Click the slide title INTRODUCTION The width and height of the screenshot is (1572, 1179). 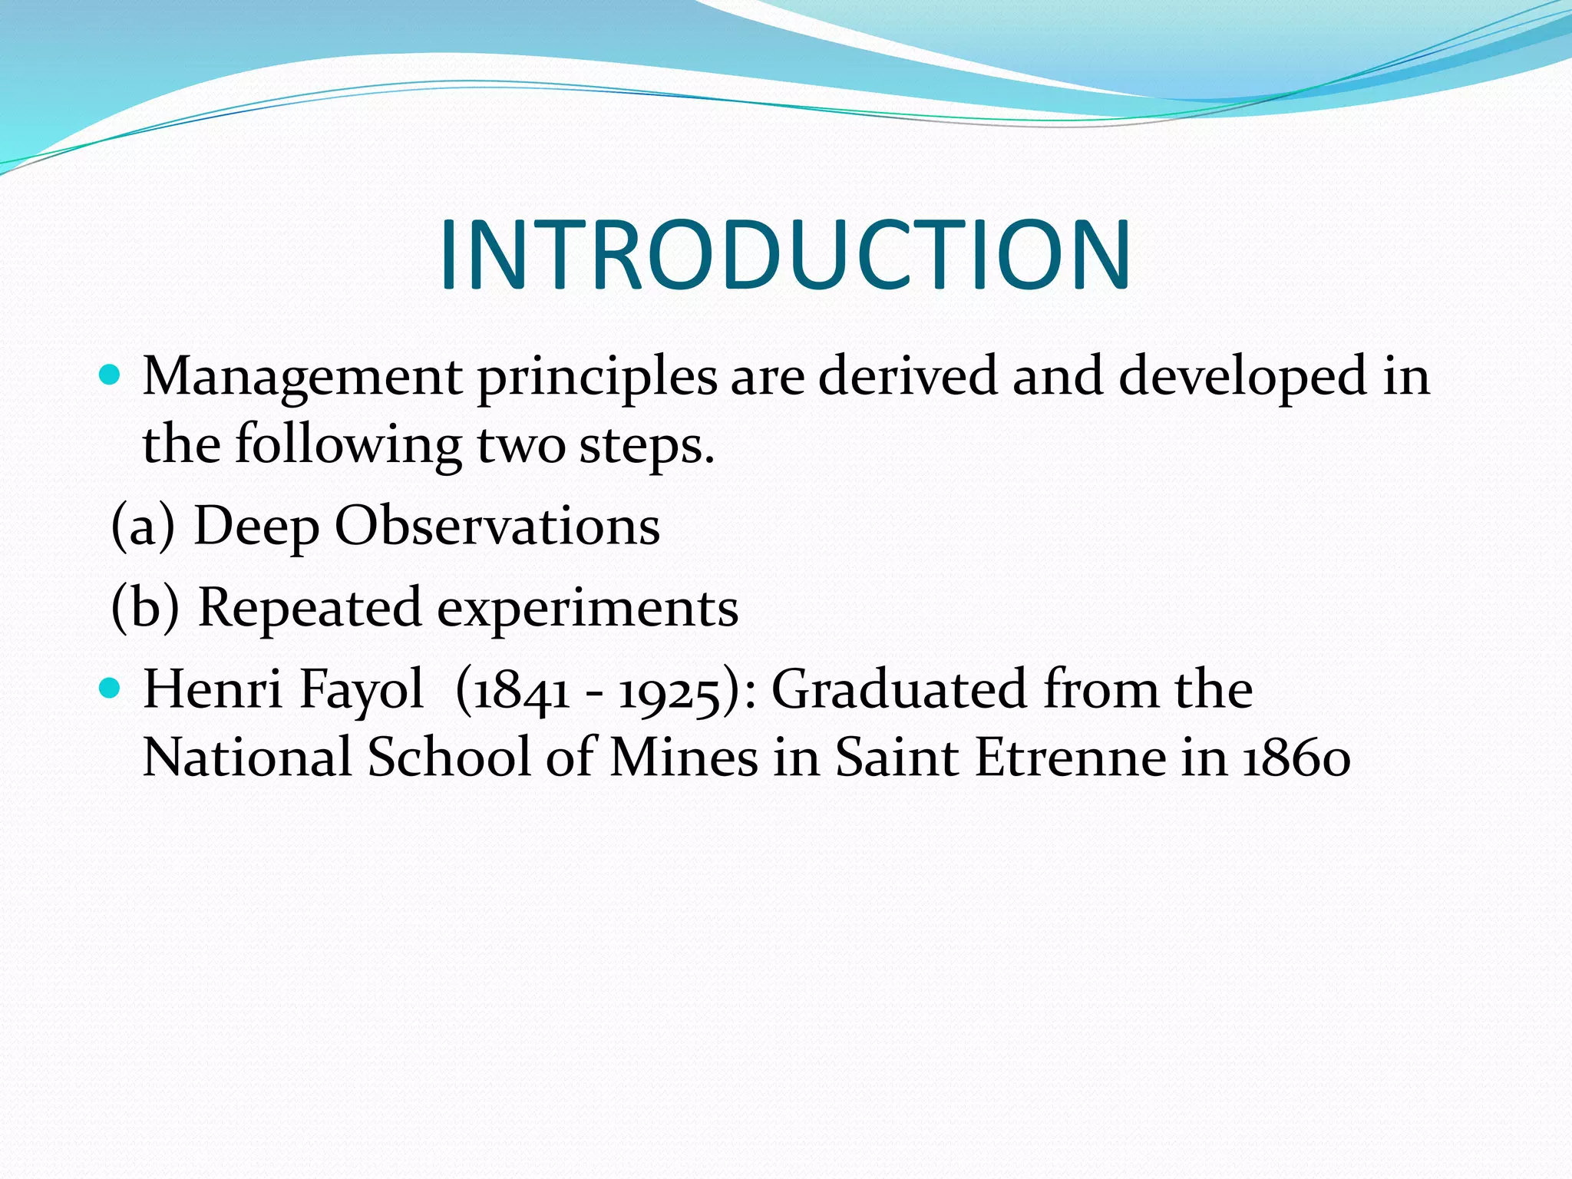point(784,255)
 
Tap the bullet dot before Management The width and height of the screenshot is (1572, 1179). point(111,375)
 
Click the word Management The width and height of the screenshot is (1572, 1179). point(302,378)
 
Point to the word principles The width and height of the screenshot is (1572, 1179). point(597,378)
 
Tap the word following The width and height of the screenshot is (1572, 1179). point(348,445)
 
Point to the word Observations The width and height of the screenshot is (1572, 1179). point(497,527)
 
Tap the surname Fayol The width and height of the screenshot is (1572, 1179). point(361,689)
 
